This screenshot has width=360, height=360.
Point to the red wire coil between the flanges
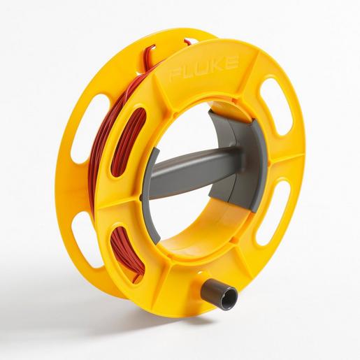98,175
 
